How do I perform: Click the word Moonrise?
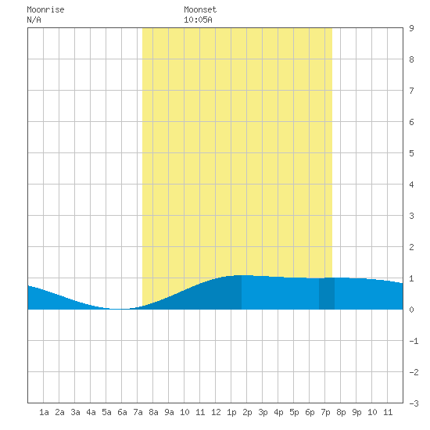(45, 9)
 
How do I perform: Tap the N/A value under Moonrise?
(34, 20)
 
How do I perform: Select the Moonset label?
(200, 9)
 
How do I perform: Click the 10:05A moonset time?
(198, 20)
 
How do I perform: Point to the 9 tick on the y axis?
(411, 28)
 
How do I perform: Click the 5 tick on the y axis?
(411, 153)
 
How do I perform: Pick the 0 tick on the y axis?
(411, 310)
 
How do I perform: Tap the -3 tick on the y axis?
(414, 403)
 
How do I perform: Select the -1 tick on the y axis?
(414, 341)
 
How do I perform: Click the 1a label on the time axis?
(44, 412)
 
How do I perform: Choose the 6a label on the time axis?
(122, 412)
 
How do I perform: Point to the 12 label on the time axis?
(216, 412)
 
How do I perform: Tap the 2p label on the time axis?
(247, 412)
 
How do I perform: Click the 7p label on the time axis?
(325, 412)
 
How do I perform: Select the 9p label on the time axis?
(357, 412)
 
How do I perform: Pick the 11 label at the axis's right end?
(388, 412)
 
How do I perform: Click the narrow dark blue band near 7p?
(327, 293)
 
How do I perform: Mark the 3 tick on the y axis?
(411, 216)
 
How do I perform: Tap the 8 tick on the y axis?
(411, 59)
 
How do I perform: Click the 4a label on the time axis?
(91, 412)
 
